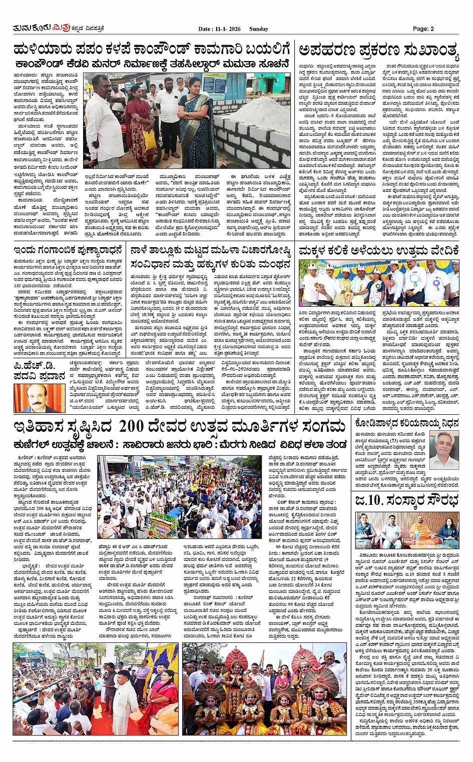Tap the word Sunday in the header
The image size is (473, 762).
tap(259, 29)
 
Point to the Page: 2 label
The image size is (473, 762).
tap(423, 29)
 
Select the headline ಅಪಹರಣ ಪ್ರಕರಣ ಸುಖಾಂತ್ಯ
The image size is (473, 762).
tap(378, 51)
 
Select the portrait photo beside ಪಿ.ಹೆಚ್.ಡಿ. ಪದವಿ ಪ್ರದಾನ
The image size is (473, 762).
tap(34, 398)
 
